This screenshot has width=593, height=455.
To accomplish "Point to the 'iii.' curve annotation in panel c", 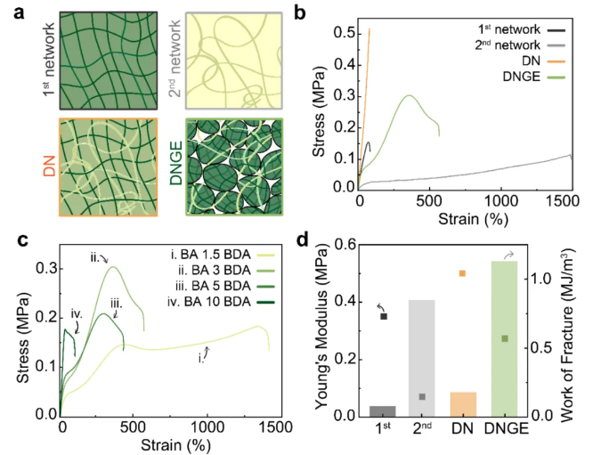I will click(117, 304).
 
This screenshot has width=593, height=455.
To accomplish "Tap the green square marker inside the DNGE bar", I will click(505, 338).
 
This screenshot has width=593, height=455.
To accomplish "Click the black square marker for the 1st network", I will click(384, 316).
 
